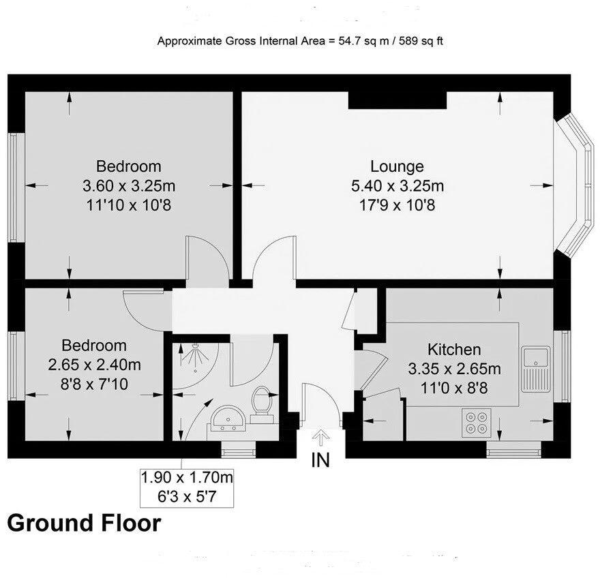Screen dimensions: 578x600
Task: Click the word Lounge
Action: click(397, 166)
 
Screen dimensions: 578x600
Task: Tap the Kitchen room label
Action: click(453, 350)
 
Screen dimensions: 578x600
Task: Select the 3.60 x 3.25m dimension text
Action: click(128, 185)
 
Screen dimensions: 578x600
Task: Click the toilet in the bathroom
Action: click(261, 400)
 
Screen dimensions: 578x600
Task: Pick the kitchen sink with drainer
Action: click(536, 367)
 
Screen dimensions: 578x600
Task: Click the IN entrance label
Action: click(320, 460)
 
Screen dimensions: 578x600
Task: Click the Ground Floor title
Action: click(84, 523)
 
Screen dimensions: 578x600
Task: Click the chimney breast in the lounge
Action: click(397, 100)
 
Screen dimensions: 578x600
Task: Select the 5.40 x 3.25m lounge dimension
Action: click(397, 185)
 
